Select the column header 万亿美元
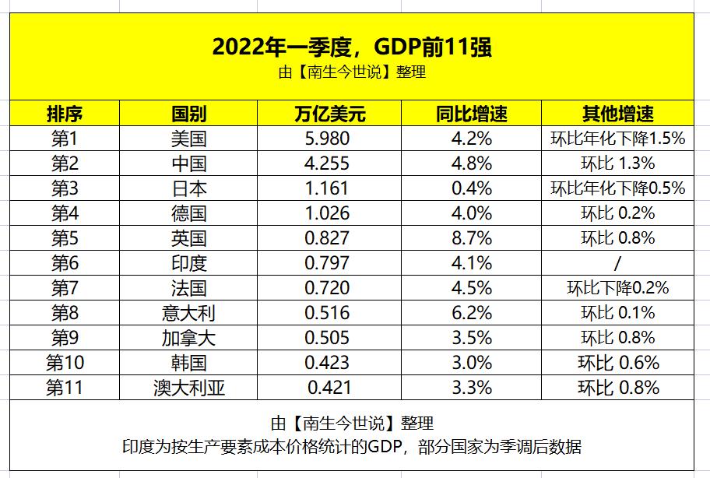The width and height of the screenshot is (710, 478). pos(329,114)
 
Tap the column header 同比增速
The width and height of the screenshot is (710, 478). pos(472,114)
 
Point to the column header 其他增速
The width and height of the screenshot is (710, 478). pos(617,114)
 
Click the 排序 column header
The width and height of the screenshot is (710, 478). pos(65,114)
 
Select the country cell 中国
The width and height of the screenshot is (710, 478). pos(189,163)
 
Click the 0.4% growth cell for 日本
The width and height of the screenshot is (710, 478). pos(472,188)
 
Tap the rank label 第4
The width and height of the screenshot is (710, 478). pos(65,213)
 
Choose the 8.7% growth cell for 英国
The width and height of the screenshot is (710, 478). pos(472,238)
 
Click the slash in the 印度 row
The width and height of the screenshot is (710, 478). pos(617,263)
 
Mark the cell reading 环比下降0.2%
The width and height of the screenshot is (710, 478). pos(617,288)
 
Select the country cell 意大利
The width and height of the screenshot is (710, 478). pos(189,313)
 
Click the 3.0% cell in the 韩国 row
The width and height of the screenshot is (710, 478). pos(472,363)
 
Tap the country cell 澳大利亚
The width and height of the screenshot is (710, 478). pos(189,388)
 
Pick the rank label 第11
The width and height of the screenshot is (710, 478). pos(65,388)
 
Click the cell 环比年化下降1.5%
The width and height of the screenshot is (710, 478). pos(617,139)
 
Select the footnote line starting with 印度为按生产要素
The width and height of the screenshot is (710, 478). pos(352,447)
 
